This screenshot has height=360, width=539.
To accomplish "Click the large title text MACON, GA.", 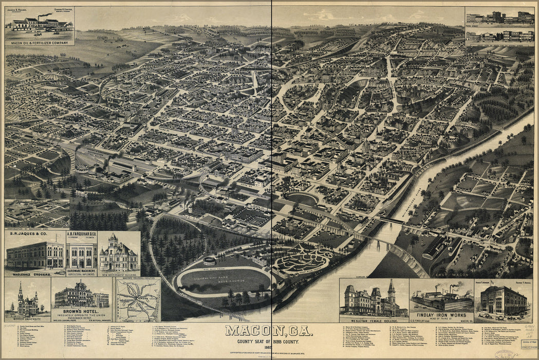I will click(x=269, y=331).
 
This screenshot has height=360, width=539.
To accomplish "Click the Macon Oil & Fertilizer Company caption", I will click(x=39, y=43).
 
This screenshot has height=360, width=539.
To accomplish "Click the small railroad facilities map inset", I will click(x=137, y=300).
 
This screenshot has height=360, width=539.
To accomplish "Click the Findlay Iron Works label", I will click(x=441, y=314).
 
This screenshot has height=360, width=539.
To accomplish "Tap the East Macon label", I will click(x=446, y=276).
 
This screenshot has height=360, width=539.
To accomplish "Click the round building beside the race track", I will click(x=209, y=261).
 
